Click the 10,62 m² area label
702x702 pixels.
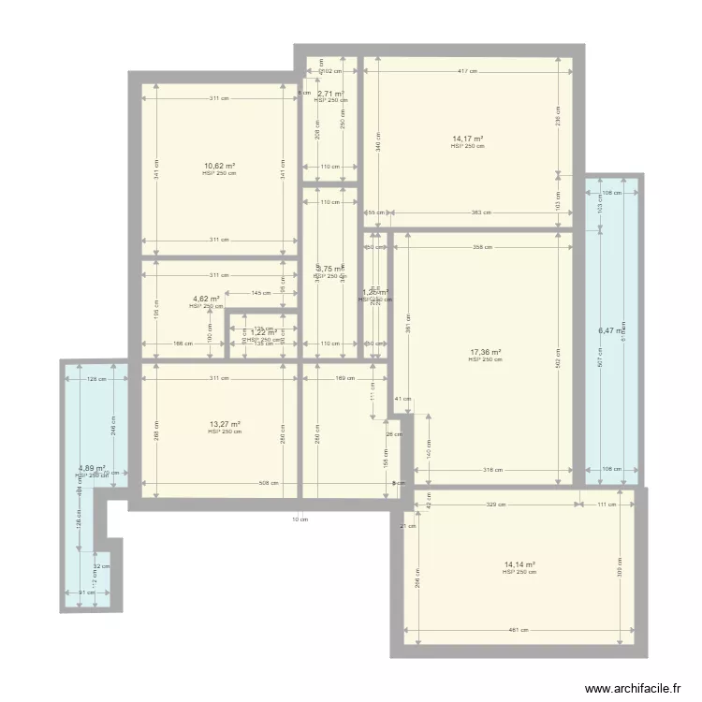click(x=220, y=166)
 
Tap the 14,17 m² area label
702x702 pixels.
click(x=467, y=139)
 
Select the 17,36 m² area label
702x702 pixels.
click(x=486, y=353)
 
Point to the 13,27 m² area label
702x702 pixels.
click(x=225, y=424)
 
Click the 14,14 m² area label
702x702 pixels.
click(x=519, y=564)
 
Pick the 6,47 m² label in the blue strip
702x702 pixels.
click(x=611, y=330)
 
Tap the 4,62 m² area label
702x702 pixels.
click(x=206, y=300)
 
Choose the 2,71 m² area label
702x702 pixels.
click(x=330, y=94)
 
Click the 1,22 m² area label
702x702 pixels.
click(x=263, y=332)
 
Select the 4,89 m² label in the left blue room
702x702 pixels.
click(x=92, y=468)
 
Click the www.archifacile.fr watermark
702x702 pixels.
click(x=632, y=689)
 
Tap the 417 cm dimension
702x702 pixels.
click(x=468, y=71)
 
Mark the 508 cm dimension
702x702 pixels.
click(x=270, y=484)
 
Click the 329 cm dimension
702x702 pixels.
click(x=496, y=505)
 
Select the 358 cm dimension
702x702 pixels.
click(x=482, y=248)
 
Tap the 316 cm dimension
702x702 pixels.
click(x=492, y=471)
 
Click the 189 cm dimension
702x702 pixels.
click(x=344, y=378)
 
